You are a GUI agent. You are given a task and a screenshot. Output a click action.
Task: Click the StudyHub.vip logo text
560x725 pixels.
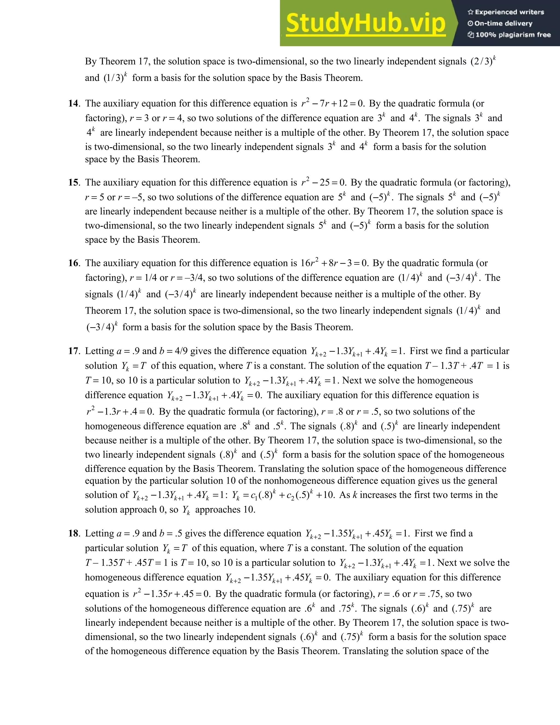(365, 23)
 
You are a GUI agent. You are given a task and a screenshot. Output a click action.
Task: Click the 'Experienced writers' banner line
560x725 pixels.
(506, 12)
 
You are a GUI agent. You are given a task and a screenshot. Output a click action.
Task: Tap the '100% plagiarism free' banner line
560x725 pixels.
(509, 34)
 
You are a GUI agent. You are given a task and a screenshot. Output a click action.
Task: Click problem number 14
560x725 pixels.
(74, 104)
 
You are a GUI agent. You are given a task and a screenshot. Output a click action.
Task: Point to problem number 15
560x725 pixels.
(74, 182)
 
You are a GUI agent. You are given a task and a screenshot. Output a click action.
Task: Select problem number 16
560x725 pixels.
(74, 263)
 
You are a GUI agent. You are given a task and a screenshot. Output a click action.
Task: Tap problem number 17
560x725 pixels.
(74, 351)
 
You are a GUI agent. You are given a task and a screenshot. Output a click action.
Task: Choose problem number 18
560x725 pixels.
(74, 533)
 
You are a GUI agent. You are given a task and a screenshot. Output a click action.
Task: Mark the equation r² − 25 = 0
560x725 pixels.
(323, 182)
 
